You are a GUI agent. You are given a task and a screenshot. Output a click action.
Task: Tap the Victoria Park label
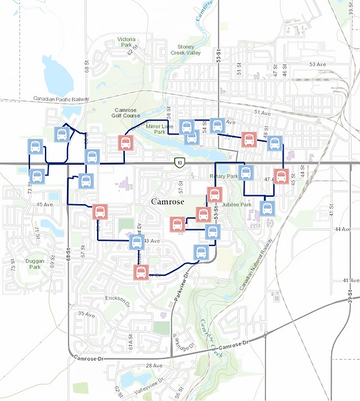click(x=126, y=42)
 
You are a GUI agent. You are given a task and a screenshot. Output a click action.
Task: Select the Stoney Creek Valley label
click(x=184, y=49)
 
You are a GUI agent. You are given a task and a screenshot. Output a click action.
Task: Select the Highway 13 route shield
click(x=179, y=160)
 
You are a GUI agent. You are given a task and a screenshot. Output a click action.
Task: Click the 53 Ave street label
click(x=317, y=65)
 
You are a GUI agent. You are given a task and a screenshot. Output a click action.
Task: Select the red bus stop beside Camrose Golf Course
click(x=126, y=142)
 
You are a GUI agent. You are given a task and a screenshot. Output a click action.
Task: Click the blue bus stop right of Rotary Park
click(x=246, y=173)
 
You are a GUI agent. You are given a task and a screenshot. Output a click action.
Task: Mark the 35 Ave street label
click(x=87, y=314)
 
